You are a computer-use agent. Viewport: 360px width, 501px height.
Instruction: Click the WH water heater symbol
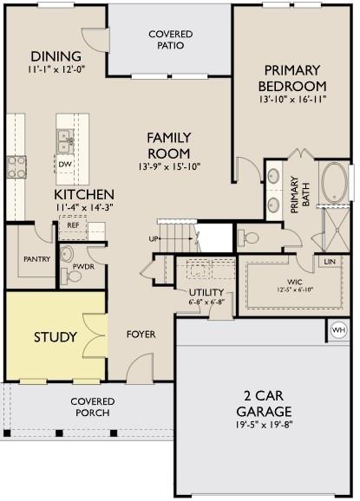tap(338, 329)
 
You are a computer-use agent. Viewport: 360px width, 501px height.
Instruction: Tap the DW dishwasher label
tap(65, 164)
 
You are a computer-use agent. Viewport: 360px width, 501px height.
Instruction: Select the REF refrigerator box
tap(73, 227)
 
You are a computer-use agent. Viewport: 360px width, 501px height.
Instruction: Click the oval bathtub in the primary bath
tap(335, 184)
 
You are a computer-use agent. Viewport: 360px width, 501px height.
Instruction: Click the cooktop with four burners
tap(16, 166)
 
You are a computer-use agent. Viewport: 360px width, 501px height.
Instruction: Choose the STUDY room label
tap(56, 337)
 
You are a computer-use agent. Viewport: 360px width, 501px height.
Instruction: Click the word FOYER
tap(141, 335)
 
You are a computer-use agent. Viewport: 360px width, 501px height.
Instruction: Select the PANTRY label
tap(37, 259)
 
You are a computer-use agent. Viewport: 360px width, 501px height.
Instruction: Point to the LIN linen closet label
tap(330, 262)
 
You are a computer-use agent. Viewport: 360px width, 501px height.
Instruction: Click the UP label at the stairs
tap(154, 238)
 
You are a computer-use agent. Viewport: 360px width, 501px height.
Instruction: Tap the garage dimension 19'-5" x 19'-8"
tap(265, 426)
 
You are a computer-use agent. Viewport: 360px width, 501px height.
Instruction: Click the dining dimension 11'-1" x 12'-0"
tap(56, 69)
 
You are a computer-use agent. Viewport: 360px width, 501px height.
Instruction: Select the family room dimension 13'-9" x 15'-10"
tap(169, 166)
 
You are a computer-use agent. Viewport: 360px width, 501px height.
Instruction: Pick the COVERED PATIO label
tap(171, 40)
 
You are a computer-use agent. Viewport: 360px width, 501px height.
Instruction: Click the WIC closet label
tap(294, 282)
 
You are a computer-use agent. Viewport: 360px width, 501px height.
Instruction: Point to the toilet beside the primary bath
tap(249, 237)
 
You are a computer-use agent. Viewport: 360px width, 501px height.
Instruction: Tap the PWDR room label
tap(83, 266)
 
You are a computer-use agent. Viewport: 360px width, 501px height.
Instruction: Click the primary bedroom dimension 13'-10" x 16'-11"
tap(292, 99)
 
